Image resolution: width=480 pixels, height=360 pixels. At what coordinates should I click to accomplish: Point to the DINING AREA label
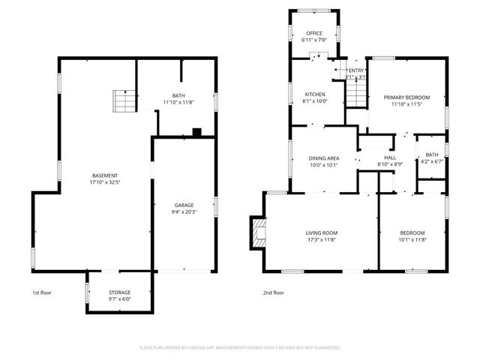[x=324, y=159]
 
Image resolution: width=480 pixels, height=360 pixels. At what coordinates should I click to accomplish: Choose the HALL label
[x=390, y=157]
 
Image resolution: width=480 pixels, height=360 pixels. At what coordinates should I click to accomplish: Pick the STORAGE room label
[x=120, y=292]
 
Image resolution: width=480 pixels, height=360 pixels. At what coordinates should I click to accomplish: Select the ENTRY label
[x=355, y=70]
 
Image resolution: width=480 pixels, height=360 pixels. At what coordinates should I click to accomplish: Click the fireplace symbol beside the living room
[x=258, y=232]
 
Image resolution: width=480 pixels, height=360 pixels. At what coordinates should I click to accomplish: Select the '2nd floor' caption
[x=273, y=292]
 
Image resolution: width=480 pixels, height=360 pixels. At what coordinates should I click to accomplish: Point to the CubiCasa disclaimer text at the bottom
[x=240, y=347]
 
